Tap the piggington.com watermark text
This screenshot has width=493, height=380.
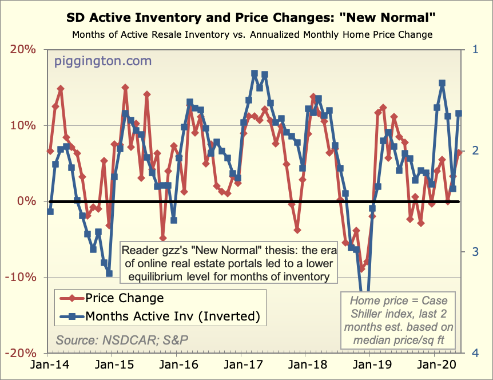click(103, 61)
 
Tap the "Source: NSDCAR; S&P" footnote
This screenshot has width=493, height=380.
click(122, 339)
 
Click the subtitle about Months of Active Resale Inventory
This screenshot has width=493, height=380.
click(252, 35)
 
